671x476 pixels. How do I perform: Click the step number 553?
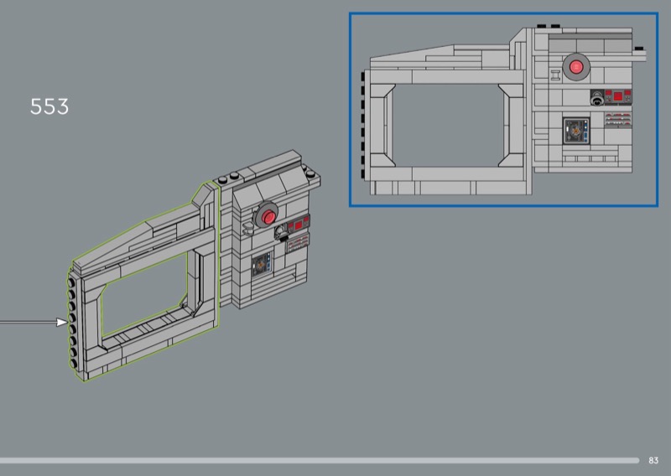click(x=49, y=106)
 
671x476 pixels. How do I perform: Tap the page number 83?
click(x=653, y=460)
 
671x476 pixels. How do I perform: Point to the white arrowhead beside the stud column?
click(x=62, y=322)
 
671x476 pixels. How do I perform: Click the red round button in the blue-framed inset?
click(x=576, y=67)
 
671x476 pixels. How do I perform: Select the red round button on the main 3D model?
click(x=268, y=217)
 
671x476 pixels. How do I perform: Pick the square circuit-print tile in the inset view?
click(x=576, y=131)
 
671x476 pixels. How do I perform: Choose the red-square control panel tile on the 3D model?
click(x=299, y=224)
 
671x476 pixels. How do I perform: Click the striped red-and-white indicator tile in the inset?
click(x=618, y=119)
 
